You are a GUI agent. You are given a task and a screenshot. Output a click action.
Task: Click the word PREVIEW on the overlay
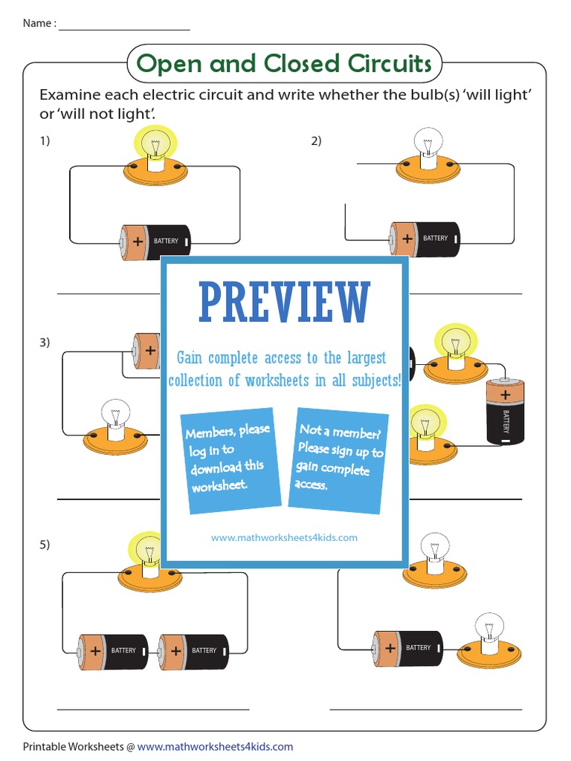pos(285,303)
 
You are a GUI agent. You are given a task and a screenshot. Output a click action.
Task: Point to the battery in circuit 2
pos(425,239)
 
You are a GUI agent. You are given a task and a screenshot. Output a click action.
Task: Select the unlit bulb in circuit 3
pos(115,416)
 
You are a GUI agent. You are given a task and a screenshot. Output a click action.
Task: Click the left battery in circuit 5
pos(114,650)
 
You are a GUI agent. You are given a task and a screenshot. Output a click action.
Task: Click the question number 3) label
pos(45,343)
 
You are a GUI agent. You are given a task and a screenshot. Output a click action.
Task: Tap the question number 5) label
pos(45,545)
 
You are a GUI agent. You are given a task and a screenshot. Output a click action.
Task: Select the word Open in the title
pos(170,64)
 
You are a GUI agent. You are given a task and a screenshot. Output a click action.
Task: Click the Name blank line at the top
pos(124,28)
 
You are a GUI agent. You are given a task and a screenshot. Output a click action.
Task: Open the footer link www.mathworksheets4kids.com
pos(215,746)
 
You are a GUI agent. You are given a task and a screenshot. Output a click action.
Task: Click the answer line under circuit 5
pos(153,709)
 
